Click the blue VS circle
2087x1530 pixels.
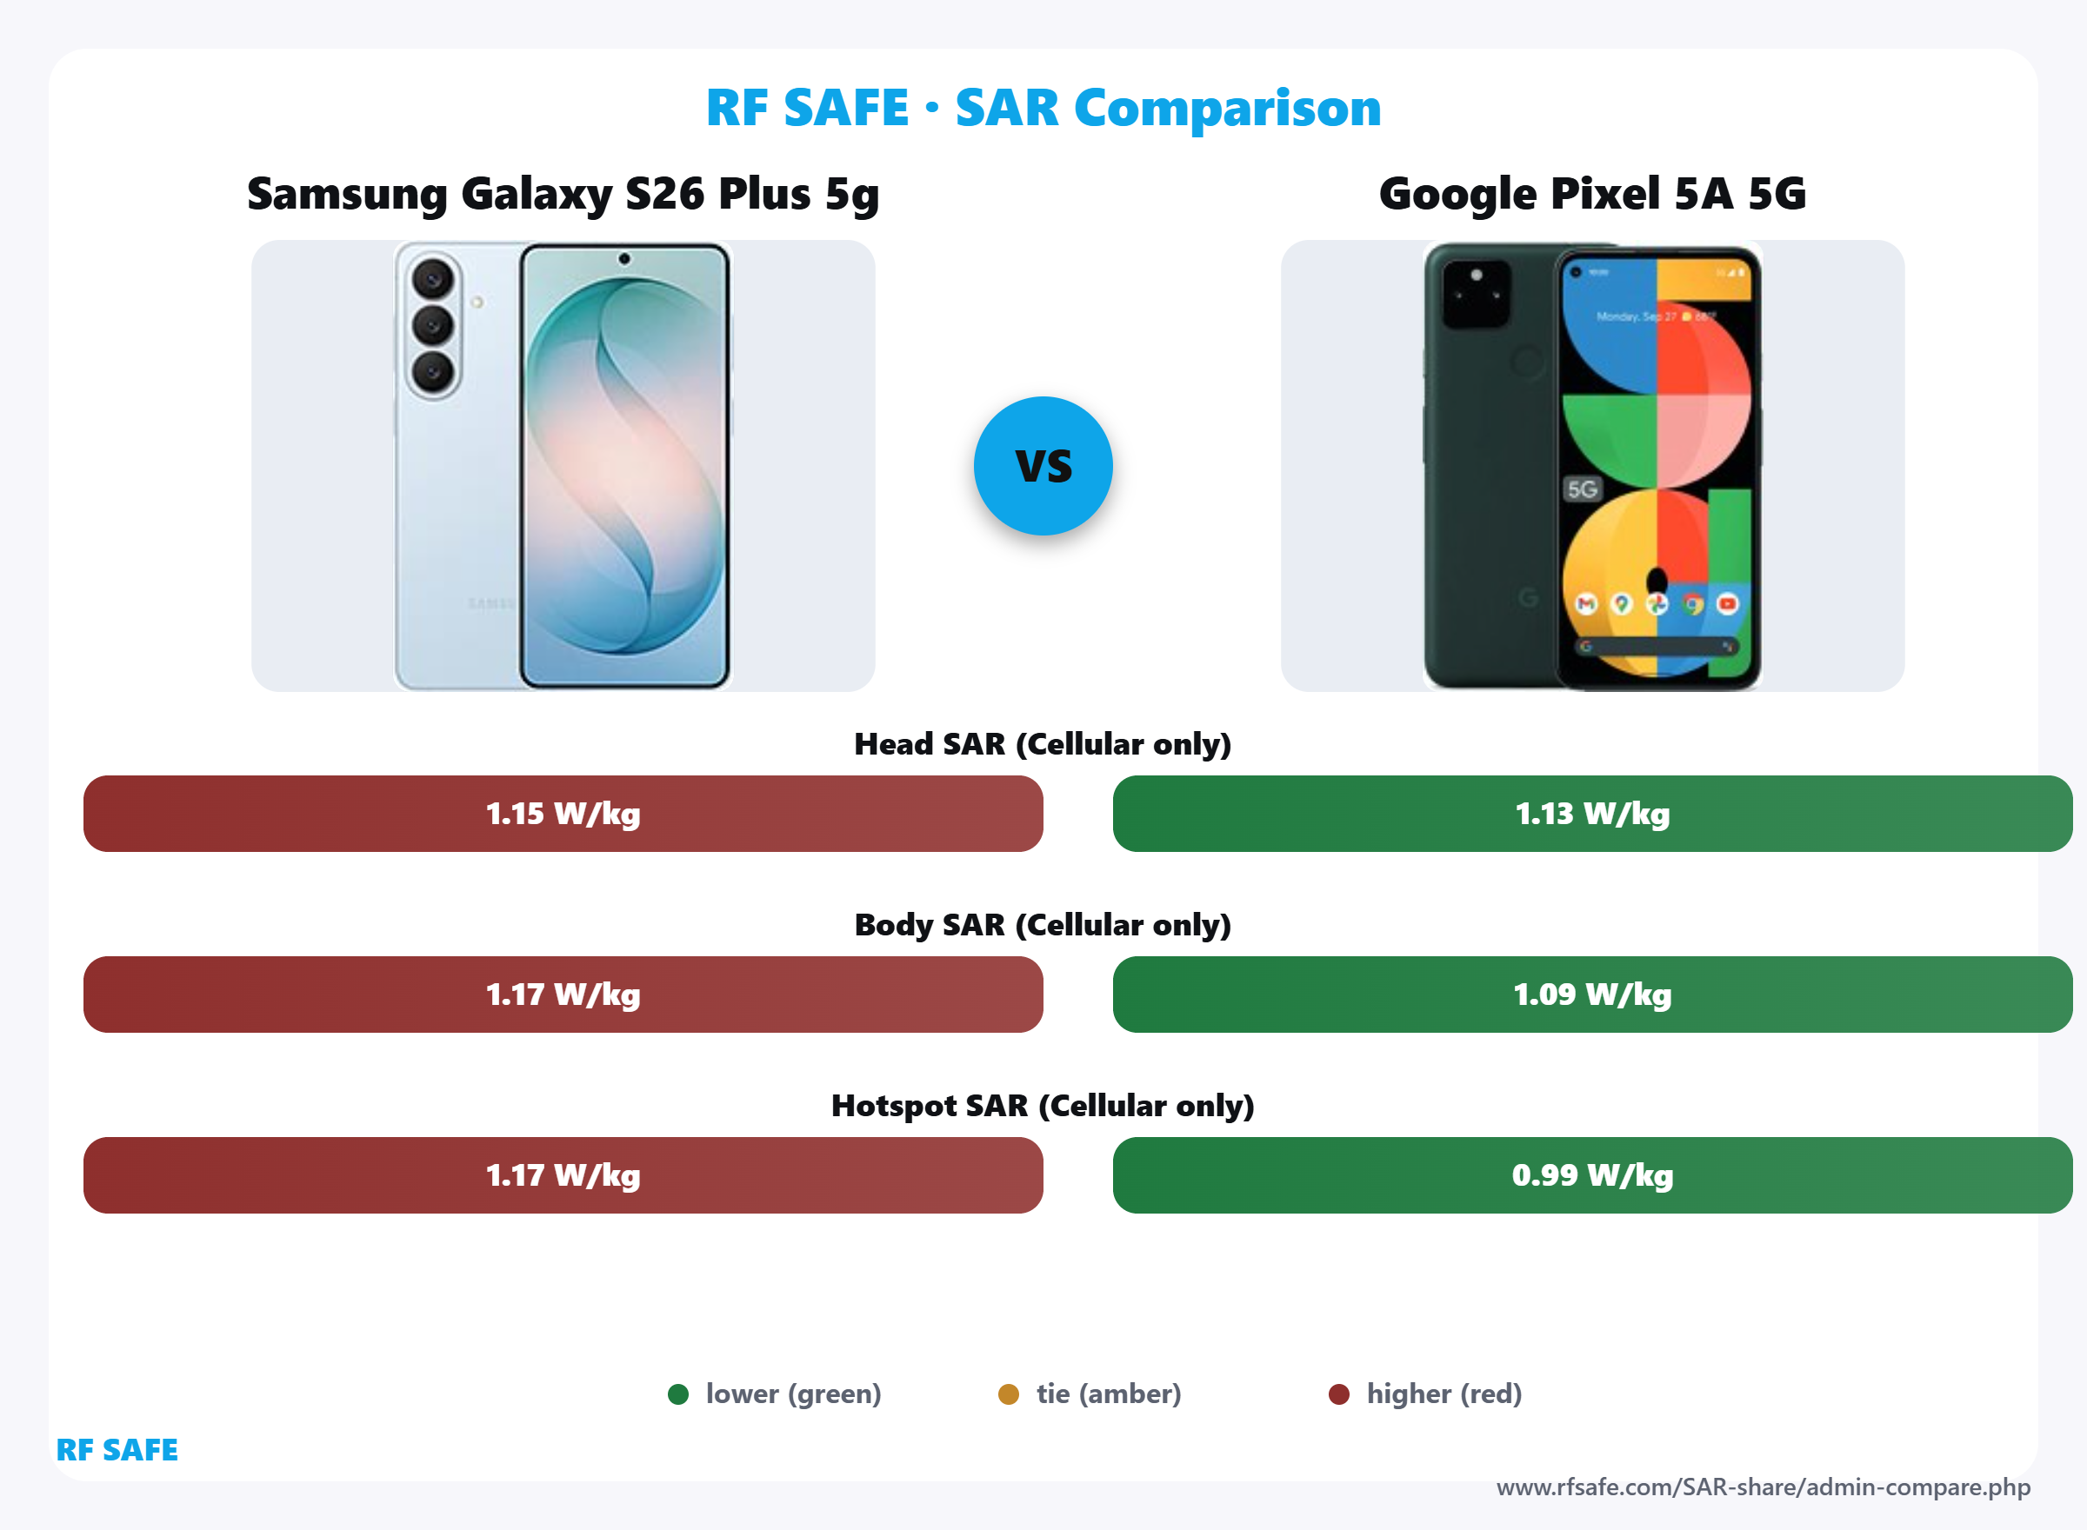click(1043, 466)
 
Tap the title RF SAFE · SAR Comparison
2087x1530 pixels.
click(1043, 108)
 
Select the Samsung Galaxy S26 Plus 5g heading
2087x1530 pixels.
click(563, 195)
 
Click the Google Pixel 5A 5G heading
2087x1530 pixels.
click(1591, 195)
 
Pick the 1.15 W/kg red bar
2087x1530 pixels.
click(563, 813)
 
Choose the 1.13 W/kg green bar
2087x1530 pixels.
click(1591, 813)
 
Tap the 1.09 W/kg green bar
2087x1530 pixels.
click(1591, 994)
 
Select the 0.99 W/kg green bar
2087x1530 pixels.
click(1591, 1174)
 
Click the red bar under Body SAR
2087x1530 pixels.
click(563, 994)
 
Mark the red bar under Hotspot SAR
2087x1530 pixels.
click(563, 1174)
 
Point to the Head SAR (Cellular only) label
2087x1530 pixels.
click(1042, 743)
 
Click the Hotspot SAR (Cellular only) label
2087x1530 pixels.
click(1042, 1105)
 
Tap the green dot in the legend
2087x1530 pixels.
click(678, 1394)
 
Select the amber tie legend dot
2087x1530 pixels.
click(1008, 1394)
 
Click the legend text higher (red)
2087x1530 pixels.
click(1444, 1394)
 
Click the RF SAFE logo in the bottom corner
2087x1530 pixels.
click(117, 1449)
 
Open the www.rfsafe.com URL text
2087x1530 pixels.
click(1763, 1487)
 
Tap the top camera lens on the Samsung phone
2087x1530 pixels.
click(432, 278)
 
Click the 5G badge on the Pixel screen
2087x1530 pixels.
click(1581, 489)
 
